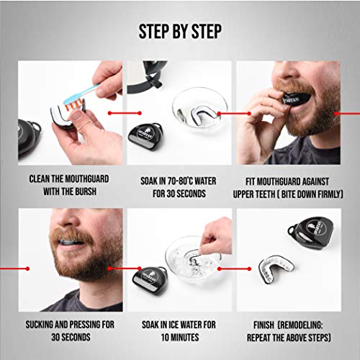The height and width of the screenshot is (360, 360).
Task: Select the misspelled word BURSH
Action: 86,192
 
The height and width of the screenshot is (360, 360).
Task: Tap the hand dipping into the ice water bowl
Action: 216,235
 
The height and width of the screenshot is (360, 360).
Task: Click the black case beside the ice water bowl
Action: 150,279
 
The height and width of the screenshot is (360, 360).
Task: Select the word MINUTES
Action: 185,337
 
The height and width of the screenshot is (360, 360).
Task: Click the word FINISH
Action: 264,325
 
